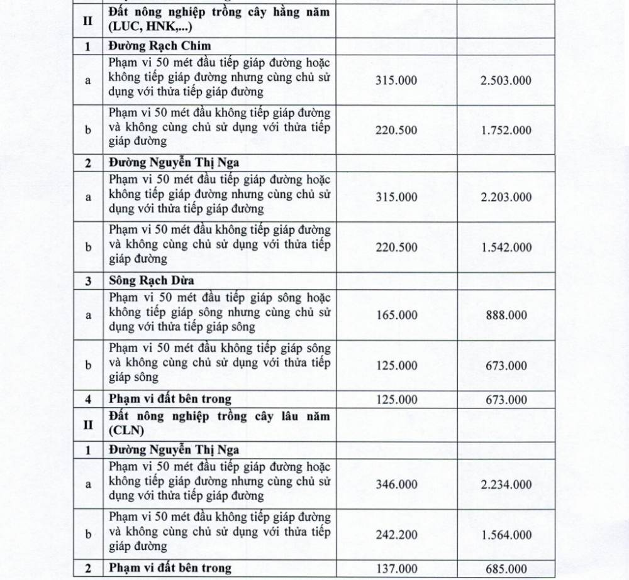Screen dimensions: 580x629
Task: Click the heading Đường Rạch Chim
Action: pos(159,46)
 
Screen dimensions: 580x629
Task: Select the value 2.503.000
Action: pos(506,80)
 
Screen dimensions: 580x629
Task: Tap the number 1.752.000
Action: pos(506,131)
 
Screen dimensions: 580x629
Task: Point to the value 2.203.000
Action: pos(506,197)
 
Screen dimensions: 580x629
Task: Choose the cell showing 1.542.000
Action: pos(506,248)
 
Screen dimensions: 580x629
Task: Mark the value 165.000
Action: pos(396,315)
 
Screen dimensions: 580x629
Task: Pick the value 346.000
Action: pos(396,484)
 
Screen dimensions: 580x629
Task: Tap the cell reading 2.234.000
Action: pos(506,484)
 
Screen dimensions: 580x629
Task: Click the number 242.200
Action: pos(396,535)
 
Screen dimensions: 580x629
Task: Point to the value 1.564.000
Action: pos(506,535)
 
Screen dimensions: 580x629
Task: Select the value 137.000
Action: pos(396,569)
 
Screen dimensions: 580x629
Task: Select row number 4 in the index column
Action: pos(88,399)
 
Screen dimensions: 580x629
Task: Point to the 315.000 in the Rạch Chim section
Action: pos(396,80)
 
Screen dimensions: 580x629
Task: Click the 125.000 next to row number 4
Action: pos(396,399)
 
